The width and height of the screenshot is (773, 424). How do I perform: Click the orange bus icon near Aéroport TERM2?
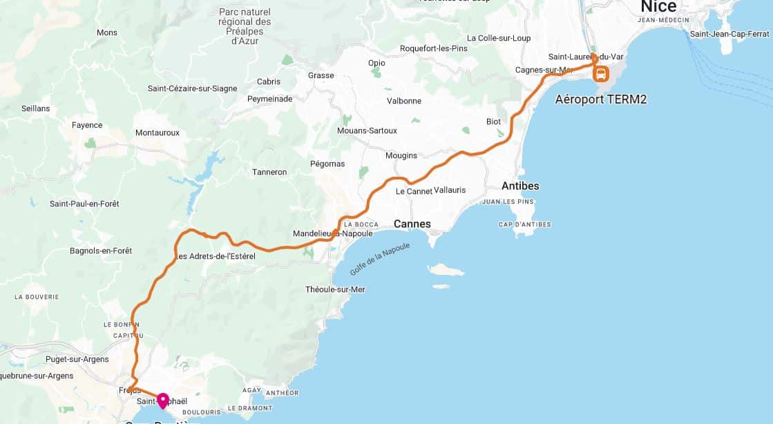[601, 73]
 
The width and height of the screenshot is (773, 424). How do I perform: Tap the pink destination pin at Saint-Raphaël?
[163, 400]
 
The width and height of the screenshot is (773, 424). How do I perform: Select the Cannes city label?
[412, 224]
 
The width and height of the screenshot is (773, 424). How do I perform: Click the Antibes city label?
[520, 186]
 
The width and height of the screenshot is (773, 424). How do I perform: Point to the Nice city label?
[658, 7]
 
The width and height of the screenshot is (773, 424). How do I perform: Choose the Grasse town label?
[321, 75]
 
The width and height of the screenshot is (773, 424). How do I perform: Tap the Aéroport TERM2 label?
[601, 99]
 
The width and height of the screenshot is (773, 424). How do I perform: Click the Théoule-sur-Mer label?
[335, 289]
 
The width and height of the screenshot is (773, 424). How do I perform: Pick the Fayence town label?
[87, 125]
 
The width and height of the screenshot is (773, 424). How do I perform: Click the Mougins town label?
[401, 155]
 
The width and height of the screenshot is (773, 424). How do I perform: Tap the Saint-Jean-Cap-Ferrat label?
[730, 34]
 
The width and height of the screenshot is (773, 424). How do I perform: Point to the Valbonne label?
[404, 101]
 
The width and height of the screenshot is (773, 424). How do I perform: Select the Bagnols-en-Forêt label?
[102, 251]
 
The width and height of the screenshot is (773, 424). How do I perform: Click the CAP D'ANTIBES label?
[525, 224]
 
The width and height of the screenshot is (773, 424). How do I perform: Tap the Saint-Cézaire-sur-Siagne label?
[192, 88]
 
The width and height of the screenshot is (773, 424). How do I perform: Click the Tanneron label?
[269, 172]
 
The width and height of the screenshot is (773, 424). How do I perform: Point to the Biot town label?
[493, 122]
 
